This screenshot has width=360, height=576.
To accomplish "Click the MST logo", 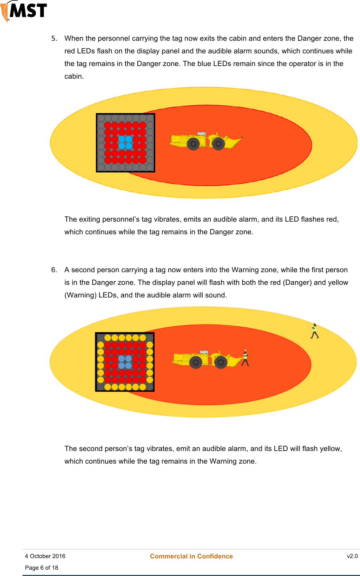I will click(x=24, y=11).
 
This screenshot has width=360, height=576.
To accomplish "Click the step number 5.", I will click(x=54, y=38).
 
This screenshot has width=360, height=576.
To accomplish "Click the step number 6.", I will click(x=54, y=270).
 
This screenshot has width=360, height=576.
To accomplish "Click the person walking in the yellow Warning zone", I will click(x=314, y=331).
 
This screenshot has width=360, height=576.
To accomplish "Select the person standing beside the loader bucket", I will click(x=246, y=358).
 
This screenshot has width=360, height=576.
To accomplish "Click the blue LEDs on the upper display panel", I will click(x=125, y=142).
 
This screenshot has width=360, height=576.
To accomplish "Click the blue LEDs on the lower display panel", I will click(x=125, y=362).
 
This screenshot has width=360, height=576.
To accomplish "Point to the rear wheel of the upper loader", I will click(x=193, y=144).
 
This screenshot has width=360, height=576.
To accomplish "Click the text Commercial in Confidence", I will click(x=191, y=556).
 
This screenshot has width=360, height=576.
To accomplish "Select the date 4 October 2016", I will click(x=45, y=556).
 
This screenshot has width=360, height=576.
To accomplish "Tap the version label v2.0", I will click(x=352, y=556).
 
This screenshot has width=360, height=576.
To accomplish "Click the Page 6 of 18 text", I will click(x=41, y=568).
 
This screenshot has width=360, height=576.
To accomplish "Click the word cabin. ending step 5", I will click(x=74, y=76).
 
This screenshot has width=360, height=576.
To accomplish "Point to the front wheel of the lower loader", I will click(x=221, y=362).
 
